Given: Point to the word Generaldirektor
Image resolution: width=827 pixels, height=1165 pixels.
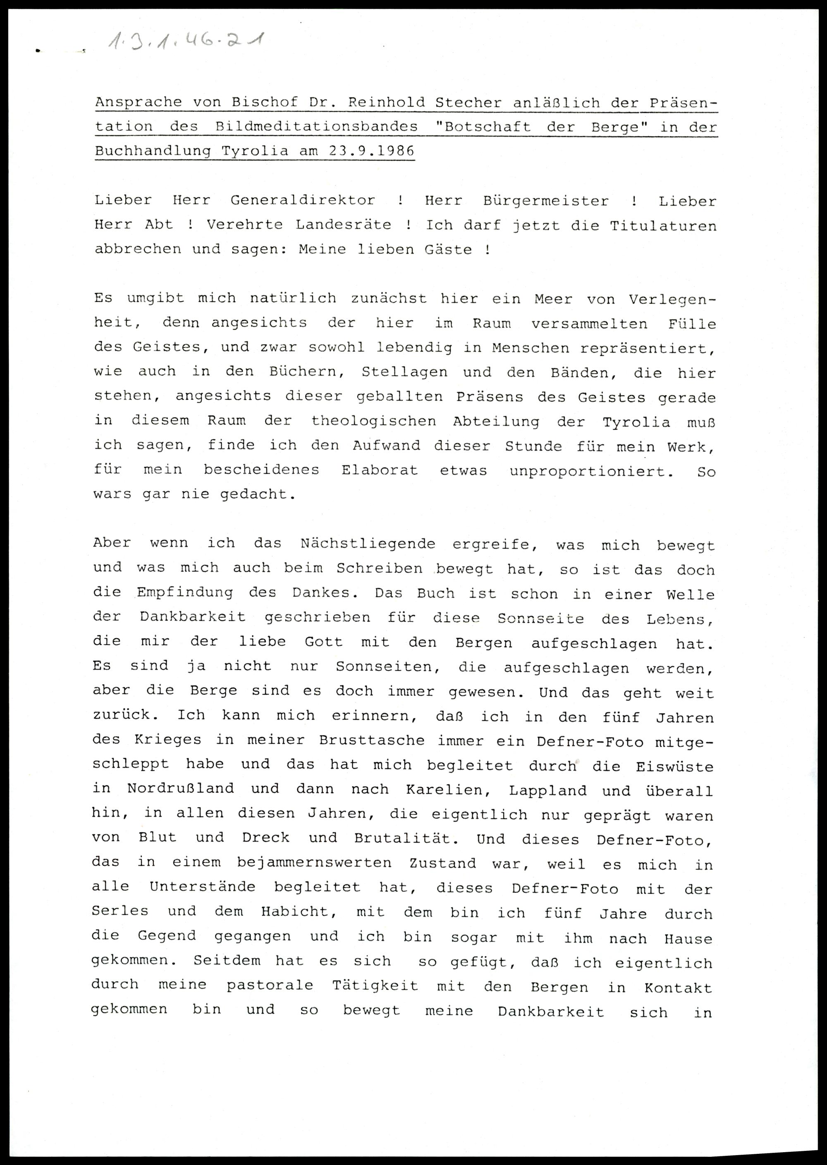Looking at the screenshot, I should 303,200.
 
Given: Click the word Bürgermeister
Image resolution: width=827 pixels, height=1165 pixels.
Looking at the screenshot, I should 545,201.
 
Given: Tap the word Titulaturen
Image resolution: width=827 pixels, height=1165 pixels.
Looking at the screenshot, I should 663,226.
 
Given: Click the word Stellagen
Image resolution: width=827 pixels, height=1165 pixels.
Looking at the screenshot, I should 404,372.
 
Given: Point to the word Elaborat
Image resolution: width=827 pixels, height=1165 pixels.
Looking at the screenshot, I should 379,470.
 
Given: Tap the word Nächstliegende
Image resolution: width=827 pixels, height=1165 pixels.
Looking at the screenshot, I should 368,543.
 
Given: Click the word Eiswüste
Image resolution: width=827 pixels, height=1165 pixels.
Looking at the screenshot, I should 674,766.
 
